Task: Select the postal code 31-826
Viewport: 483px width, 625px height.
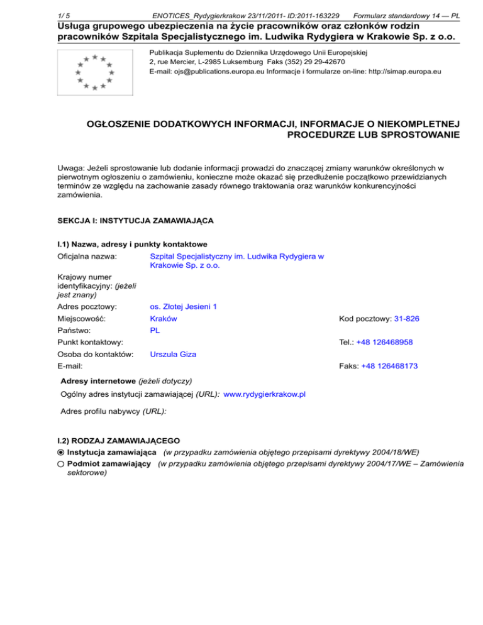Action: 406,319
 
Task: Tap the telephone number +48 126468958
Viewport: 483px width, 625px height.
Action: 387,342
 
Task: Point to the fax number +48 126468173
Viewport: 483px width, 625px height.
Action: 389,365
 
